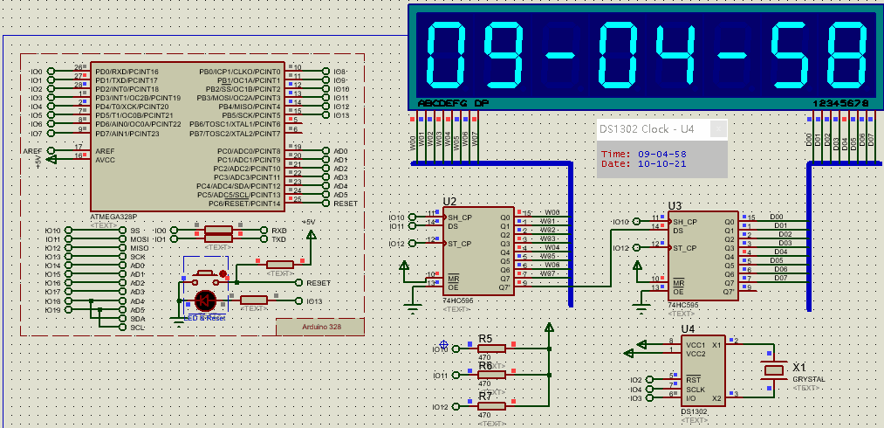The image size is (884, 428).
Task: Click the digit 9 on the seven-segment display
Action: click(499, 53)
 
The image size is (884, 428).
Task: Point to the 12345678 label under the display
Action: click(840, 103)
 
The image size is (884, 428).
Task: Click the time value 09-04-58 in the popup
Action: click(662, 154)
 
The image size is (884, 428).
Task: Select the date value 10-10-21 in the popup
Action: click(662, 163)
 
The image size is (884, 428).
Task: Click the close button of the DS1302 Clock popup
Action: click(717, 129)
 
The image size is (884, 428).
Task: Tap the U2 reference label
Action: click(449, 201)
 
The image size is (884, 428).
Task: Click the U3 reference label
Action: click(674, 206)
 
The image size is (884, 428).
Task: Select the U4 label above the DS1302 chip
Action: click(689, 328)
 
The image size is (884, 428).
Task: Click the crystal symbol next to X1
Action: click(774, 370)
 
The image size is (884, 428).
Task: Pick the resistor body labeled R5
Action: click(491, 349)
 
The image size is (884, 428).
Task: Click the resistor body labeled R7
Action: click(491, 406)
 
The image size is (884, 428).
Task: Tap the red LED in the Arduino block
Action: click(206, 300)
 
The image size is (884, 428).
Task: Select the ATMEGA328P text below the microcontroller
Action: click(113, 216)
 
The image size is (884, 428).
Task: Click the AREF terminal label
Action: click(32, 150)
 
